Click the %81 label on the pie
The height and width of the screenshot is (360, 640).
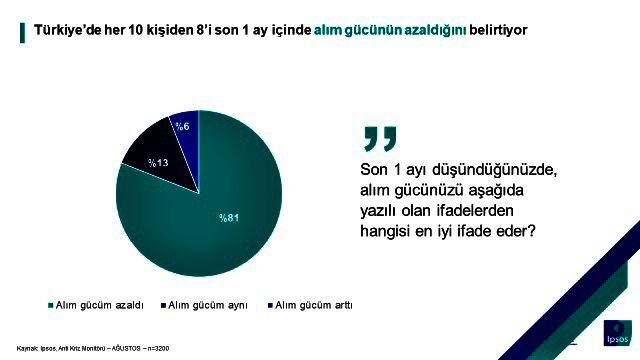pos(229,218)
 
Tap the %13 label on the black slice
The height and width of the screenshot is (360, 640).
pos(158,163)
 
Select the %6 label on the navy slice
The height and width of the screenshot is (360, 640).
pos(182,127)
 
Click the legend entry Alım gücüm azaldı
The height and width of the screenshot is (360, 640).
pos(96,305)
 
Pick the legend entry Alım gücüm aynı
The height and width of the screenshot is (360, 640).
pos(204,305)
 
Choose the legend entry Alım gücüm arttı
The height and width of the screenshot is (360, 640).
pos(310,305)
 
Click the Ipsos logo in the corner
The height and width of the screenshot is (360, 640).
pos(618,333)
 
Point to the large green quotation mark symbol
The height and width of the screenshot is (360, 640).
pos(380,139)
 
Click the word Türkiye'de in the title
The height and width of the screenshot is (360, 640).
pos(67,30)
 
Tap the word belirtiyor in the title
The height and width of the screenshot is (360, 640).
pos(498,30)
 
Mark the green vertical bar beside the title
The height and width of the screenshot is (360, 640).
pos(22,33)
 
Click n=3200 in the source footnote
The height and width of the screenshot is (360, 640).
pos(158,349)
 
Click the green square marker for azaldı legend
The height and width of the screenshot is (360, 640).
pos(51,305)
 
